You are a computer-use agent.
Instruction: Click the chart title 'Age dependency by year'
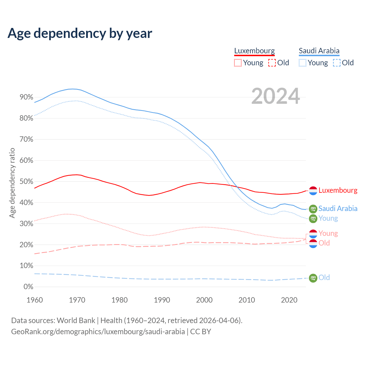[80, 33]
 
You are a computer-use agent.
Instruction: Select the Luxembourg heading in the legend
[254, 51]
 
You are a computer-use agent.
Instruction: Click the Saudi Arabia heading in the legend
[319, 51]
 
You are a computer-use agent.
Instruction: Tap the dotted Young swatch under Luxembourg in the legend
[238, 63]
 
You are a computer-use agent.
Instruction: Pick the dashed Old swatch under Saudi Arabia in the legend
[337, 63]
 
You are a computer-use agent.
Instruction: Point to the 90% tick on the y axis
[27, 97]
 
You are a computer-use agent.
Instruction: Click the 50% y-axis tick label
[27, 182]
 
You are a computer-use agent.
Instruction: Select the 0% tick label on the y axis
[28, 287]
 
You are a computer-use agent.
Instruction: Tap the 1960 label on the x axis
[35, 300]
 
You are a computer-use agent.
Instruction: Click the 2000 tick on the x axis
[204, 300]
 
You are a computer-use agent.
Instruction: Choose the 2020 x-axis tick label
[289, 300]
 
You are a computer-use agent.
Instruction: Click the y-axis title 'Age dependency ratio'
[12, 183]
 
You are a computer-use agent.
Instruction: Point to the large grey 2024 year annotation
[275, 96]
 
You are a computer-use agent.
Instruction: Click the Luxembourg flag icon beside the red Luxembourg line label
[313, 191]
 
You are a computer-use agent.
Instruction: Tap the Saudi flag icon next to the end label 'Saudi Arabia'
[313, 209]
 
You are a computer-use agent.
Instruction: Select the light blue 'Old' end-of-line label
[324, 277]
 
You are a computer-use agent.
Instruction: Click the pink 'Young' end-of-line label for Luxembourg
[328, 233]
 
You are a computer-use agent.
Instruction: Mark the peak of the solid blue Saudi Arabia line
[73, 89]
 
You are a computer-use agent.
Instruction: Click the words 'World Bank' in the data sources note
[76, 321]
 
